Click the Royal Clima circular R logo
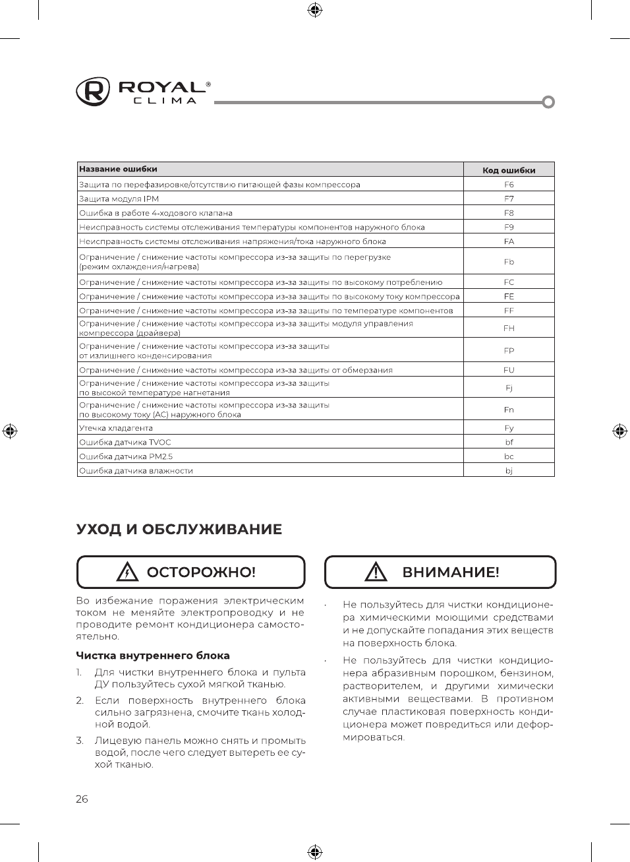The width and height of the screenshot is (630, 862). pyautogui.click(x=93, y=92)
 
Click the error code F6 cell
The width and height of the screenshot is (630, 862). pyautogui.click(x=509, y=185)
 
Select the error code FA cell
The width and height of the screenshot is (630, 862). pyautogui.click(x=509, y=241)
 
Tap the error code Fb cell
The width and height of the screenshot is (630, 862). pyautogui.click(x=509, y=262)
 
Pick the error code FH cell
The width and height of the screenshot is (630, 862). pyautogui.click(x=509, y=328)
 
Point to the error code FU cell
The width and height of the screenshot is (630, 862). pyautogui.click(x=509, y=370)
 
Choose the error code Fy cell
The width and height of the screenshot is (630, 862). pyautogui.click(x=509, y=428)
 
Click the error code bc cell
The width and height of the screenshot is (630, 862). pyautogui.click(x=509, y=456)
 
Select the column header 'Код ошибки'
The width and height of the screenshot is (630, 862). pyautogui.click(x=509, y=170)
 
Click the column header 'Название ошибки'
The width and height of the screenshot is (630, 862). pyautogui.click(x=119, y=169)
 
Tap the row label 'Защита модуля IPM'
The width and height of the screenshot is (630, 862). pyautogui.click(x=119, y=199)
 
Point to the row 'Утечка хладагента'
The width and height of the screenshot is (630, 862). pyautogui.click(x=116, y=428)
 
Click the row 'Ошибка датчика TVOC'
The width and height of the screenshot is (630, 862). pyautogui.click(x=125, y=443)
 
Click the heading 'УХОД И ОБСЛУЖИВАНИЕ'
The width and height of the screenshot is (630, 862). pyautogui.click(x=179, y=530)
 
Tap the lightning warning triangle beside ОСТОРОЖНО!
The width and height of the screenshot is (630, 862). pyautogui.click(x=127, y=572)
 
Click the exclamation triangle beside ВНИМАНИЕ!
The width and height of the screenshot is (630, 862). pyautogui.click(x=376, y=572)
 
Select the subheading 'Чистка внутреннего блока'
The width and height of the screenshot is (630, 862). pyautogui.click(x=153, y=656)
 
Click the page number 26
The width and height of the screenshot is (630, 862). pyautogui.click(x=82, y=799)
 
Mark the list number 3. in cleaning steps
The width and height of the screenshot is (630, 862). pyautogui.click(x=80, y=741)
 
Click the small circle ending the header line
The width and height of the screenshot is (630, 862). pyautogui.click(x=548, y=102)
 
